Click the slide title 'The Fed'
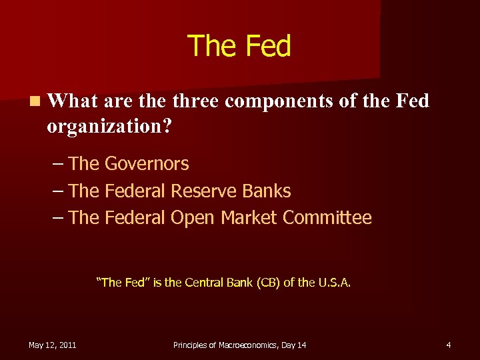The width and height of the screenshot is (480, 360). point(239,47)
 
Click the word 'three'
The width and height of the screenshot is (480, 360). point(196,101)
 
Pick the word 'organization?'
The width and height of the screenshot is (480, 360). point(109,126)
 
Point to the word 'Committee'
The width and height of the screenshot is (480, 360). point(327,218)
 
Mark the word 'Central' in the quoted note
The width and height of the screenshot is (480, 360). point(204,282)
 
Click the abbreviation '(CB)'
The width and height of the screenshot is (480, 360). point(267,282)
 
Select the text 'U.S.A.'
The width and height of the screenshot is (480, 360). point(334,282)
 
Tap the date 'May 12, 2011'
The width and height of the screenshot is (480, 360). point(52,345)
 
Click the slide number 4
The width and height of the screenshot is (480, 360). point(449,345)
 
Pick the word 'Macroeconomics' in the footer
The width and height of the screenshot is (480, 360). point(244,345)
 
